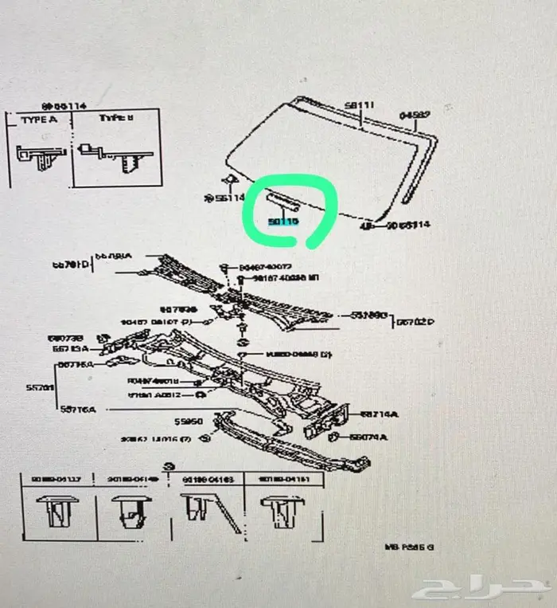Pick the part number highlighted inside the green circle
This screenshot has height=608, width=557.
pyautogui.click(x=282, y=221)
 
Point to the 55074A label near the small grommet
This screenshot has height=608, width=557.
pyautogui.click(x=368, y=437)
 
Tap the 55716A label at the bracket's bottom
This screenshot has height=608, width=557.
pyautogui.click(x=78, y=410)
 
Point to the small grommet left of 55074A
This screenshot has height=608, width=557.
pyautogui.click(x=335, y=437)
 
